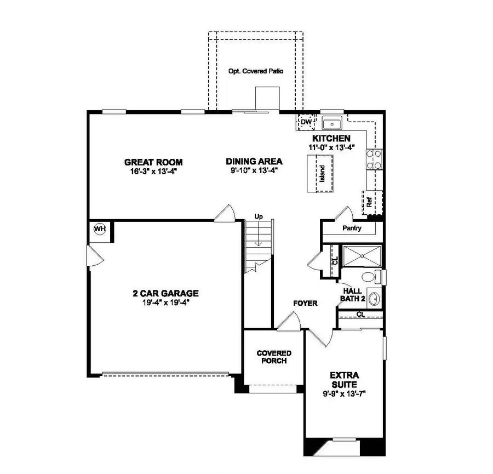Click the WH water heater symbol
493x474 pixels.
pyautogui.click(x=100, y=228)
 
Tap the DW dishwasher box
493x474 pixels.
pyautogui.click(x=306, y=122)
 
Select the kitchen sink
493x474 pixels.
pyautogui.click(x=332, y=123)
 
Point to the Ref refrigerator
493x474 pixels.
pyautogui.click(x=370, y=202)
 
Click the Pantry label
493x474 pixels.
pyautogui.click(x=351, y=228)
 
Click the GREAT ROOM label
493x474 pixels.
pyautogui.click(x=153, y=162)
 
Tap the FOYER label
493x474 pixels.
pyautogui.click(x=305, y=303)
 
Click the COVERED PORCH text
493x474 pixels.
pyautogui.click(x=274, y=357)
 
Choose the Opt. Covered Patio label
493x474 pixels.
pyautogui.click(x=256, y=72)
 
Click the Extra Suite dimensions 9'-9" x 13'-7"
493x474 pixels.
pyautogui.click(x=344, y=393)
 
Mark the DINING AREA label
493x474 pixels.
pyautogui.click(x=254, y=161)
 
